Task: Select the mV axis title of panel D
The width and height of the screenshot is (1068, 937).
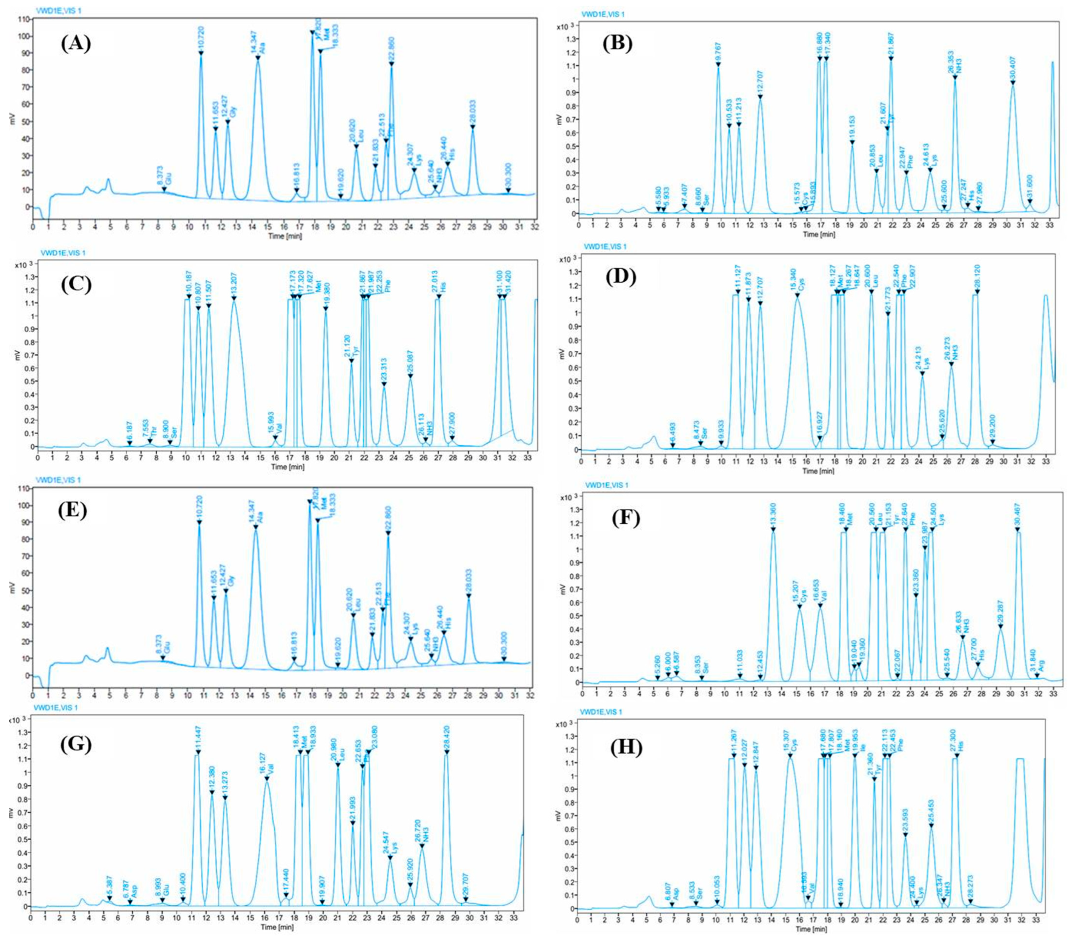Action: click(562, 354)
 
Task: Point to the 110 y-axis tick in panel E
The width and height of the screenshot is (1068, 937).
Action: click(21, 489)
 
